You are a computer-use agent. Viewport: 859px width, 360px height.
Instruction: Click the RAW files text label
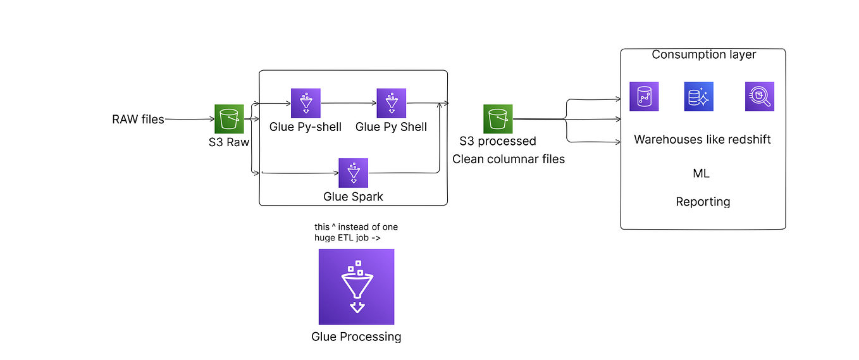pyautogui.click(x=138, y=119)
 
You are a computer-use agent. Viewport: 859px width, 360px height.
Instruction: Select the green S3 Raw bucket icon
pyautogui.click(x=229, y=119)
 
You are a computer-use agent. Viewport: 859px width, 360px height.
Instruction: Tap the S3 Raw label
pyautogui.click(x=229, y=142)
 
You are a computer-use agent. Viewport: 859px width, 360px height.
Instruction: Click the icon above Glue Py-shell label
pyautogui.click(x=306, y=103)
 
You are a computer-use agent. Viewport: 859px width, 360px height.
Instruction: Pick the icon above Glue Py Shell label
pyautogui.click(x=392, y=103)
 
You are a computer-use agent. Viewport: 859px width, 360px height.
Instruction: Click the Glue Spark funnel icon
pyautogui.click(x=353, y=173)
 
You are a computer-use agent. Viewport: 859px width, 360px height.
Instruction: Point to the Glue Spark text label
pyautogui.click(x=353, y=196)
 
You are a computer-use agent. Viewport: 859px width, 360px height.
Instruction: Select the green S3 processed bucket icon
pyautogui.click(x=498, y=119)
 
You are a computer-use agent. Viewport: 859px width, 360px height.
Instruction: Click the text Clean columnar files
pyautogui.click(x=509, y=159)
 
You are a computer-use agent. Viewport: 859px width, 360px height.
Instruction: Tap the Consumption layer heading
pyautogui.click(x=704, y=54)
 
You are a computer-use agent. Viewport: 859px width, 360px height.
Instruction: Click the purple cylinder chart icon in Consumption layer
pyautogui.click(x=644, y=97)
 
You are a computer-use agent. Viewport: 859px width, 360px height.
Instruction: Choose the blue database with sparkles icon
pyautogui.click(x=699, y=97)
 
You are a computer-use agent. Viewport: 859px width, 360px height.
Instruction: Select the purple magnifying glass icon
pyautogui.click(x=759, y=97)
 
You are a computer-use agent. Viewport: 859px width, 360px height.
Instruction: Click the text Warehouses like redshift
pyautogui.click(x=702, y=139)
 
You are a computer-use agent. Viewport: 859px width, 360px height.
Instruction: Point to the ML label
pyautogui.click(x=701, y=173)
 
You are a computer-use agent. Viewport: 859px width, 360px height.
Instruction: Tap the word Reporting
pyautogui.click(x=703, y=202)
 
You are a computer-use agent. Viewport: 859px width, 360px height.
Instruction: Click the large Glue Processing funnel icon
pyautogui.click(x=356, y=287)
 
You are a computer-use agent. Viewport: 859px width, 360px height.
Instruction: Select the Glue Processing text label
pyautogui.click(x=356, y=337)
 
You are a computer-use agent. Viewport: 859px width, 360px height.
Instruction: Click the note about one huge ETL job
pyautogui.click(x=355, y=232)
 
